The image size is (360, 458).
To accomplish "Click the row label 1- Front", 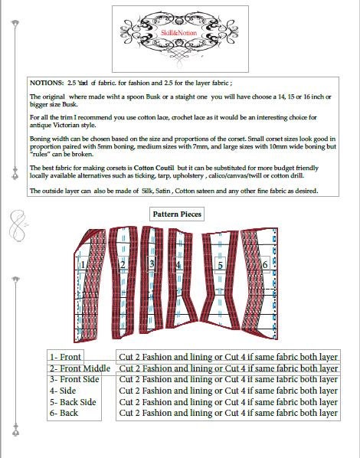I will point(65,357).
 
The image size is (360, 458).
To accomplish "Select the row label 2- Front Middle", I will point(80,368).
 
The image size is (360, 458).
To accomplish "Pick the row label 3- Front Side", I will point(74,379).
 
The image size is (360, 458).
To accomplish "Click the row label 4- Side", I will point(63,391).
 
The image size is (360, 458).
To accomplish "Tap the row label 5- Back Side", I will point(73,401).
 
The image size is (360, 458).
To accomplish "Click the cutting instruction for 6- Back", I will point(228,413).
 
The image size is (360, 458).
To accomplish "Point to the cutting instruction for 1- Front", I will point(228,357).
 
